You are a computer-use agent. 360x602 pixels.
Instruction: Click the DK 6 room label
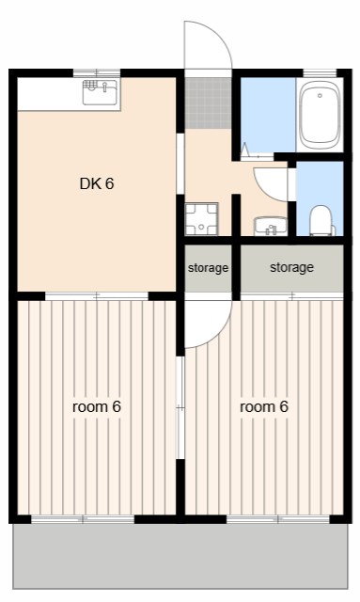point(97,184)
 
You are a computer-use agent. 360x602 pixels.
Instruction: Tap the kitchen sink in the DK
point(101,92)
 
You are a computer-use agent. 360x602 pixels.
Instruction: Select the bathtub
point(320,116)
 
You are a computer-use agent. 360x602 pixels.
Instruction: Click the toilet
point(321,220)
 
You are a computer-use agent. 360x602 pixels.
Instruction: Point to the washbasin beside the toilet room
point(271,226)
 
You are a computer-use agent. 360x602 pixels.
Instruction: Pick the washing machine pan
point(201,219)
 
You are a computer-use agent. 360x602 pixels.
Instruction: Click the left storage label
point(208,268)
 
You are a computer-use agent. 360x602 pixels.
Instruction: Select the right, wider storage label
point(291,267)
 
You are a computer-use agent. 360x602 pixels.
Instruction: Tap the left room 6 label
point(97,406)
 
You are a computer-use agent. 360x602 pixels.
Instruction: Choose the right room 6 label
point(264,406)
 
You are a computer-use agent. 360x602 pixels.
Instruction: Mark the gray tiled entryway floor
point(209,103)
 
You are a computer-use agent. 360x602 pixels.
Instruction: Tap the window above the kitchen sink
point(97,72)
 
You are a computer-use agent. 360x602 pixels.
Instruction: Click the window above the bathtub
point(320,73)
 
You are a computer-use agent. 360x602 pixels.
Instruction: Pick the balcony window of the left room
point(83,519)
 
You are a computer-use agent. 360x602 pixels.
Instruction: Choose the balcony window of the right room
point(278,519)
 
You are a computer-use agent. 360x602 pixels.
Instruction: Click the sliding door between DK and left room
point(97,296)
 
